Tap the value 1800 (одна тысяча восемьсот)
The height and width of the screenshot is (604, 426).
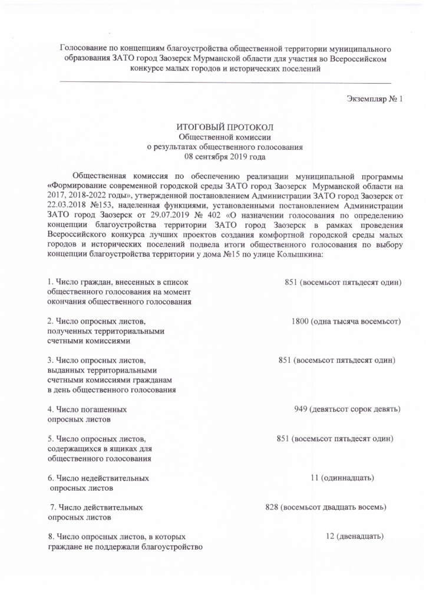346,321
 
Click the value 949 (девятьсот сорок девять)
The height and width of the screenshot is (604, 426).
348,409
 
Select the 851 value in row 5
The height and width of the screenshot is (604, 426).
335,438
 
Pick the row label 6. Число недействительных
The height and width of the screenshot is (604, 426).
98,477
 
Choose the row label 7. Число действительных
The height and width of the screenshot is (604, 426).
96,507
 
